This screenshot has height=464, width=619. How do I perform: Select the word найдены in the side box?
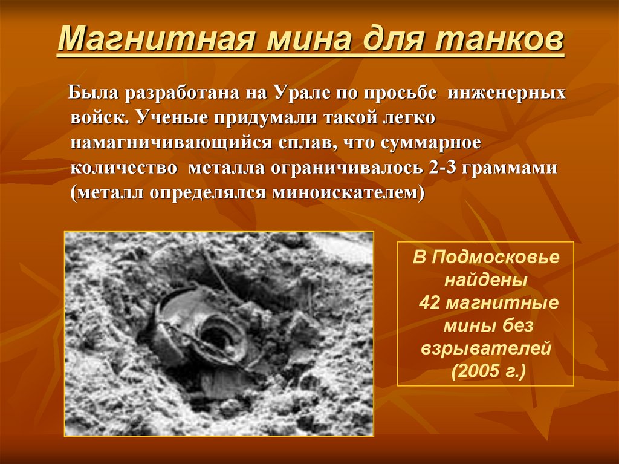pyautogui.click(x=485, y=280)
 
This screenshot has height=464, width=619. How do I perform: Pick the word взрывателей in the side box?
pyautogui.click(x=486, y=349)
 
